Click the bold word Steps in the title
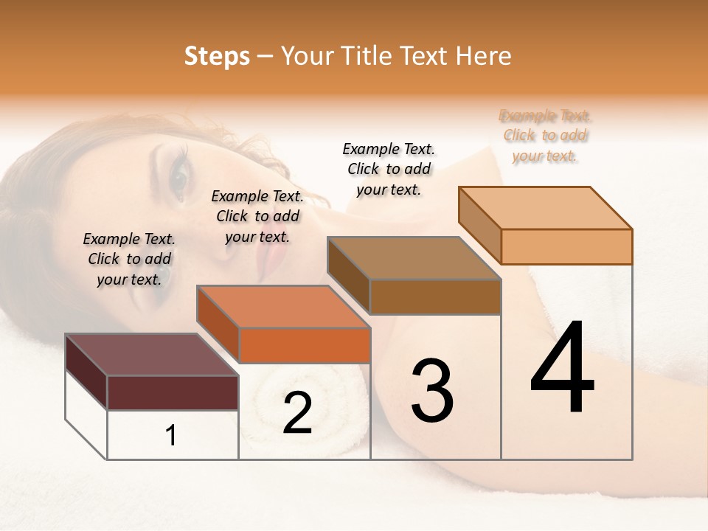tap(217, 56)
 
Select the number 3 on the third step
tap(431, 391)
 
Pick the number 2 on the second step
tap(297, 414)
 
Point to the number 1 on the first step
tap(171, 436)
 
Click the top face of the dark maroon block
tap(151, 355)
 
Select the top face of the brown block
tap(414, 258)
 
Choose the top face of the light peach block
tap(546, 208)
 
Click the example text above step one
tap(129, 259)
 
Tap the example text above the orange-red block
tap(257, 216)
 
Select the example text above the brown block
tap(389, 169)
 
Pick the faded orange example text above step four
tap(545, 136)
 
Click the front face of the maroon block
tap(173, 392)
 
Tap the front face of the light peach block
tap(566, 246)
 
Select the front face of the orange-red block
tap(305, 345)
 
